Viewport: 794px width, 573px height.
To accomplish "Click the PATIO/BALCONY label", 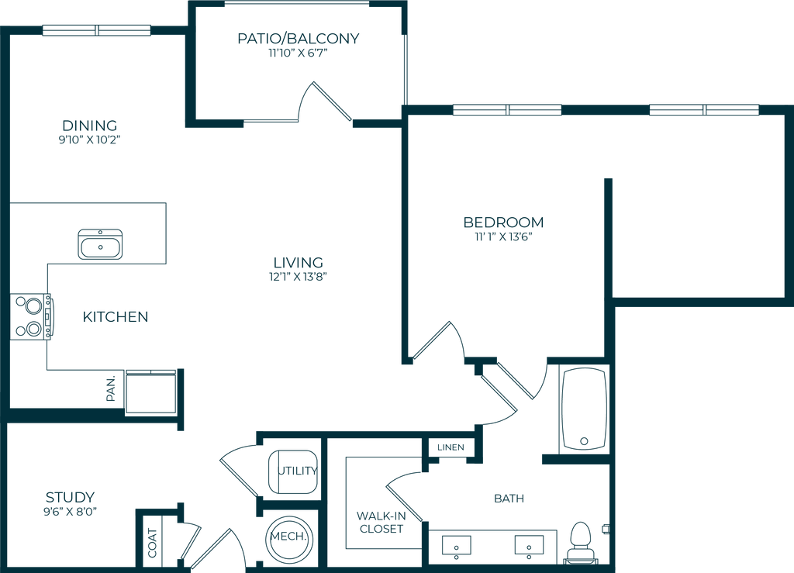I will pyautogui.click(x=299, y=39).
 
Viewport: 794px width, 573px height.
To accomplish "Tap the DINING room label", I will pyautogui.click(x=90, y=125).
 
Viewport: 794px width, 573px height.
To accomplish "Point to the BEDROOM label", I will pyautogui.click(x=503, y=223).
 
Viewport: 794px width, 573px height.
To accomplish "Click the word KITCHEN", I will pyautogui.click(x=116, y=317).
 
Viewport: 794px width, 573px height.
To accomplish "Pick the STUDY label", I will pyautogui.click(x=71, y=496).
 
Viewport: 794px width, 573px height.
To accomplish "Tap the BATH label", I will pyautogui.click(x=509, y=499).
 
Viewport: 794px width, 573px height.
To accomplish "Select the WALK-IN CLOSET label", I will pyautogui.click(x=380, y=522).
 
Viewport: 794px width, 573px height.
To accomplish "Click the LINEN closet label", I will pyautogui.click(x=451, y=447).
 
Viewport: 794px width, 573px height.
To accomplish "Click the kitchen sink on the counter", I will pyautogui.click(x=100, y=245).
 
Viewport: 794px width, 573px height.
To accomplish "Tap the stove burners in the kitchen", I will pyautogui.click(x=29, y=317).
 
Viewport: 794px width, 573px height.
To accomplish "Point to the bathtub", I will pyautogui.click(x=583, y=410).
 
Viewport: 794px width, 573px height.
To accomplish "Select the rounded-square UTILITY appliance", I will pyautogui.click(x=292, y=471).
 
